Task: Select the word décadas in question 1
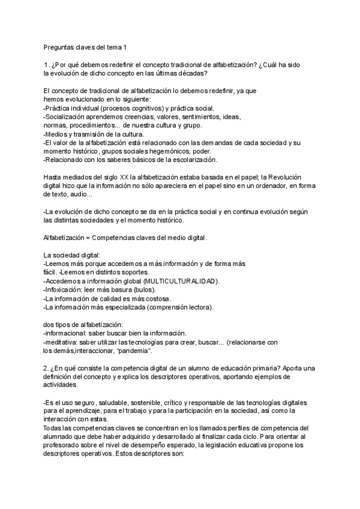pos(191,73)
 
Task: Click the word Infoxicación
pos(65,290)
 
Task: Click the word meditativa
pos(64,342)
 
